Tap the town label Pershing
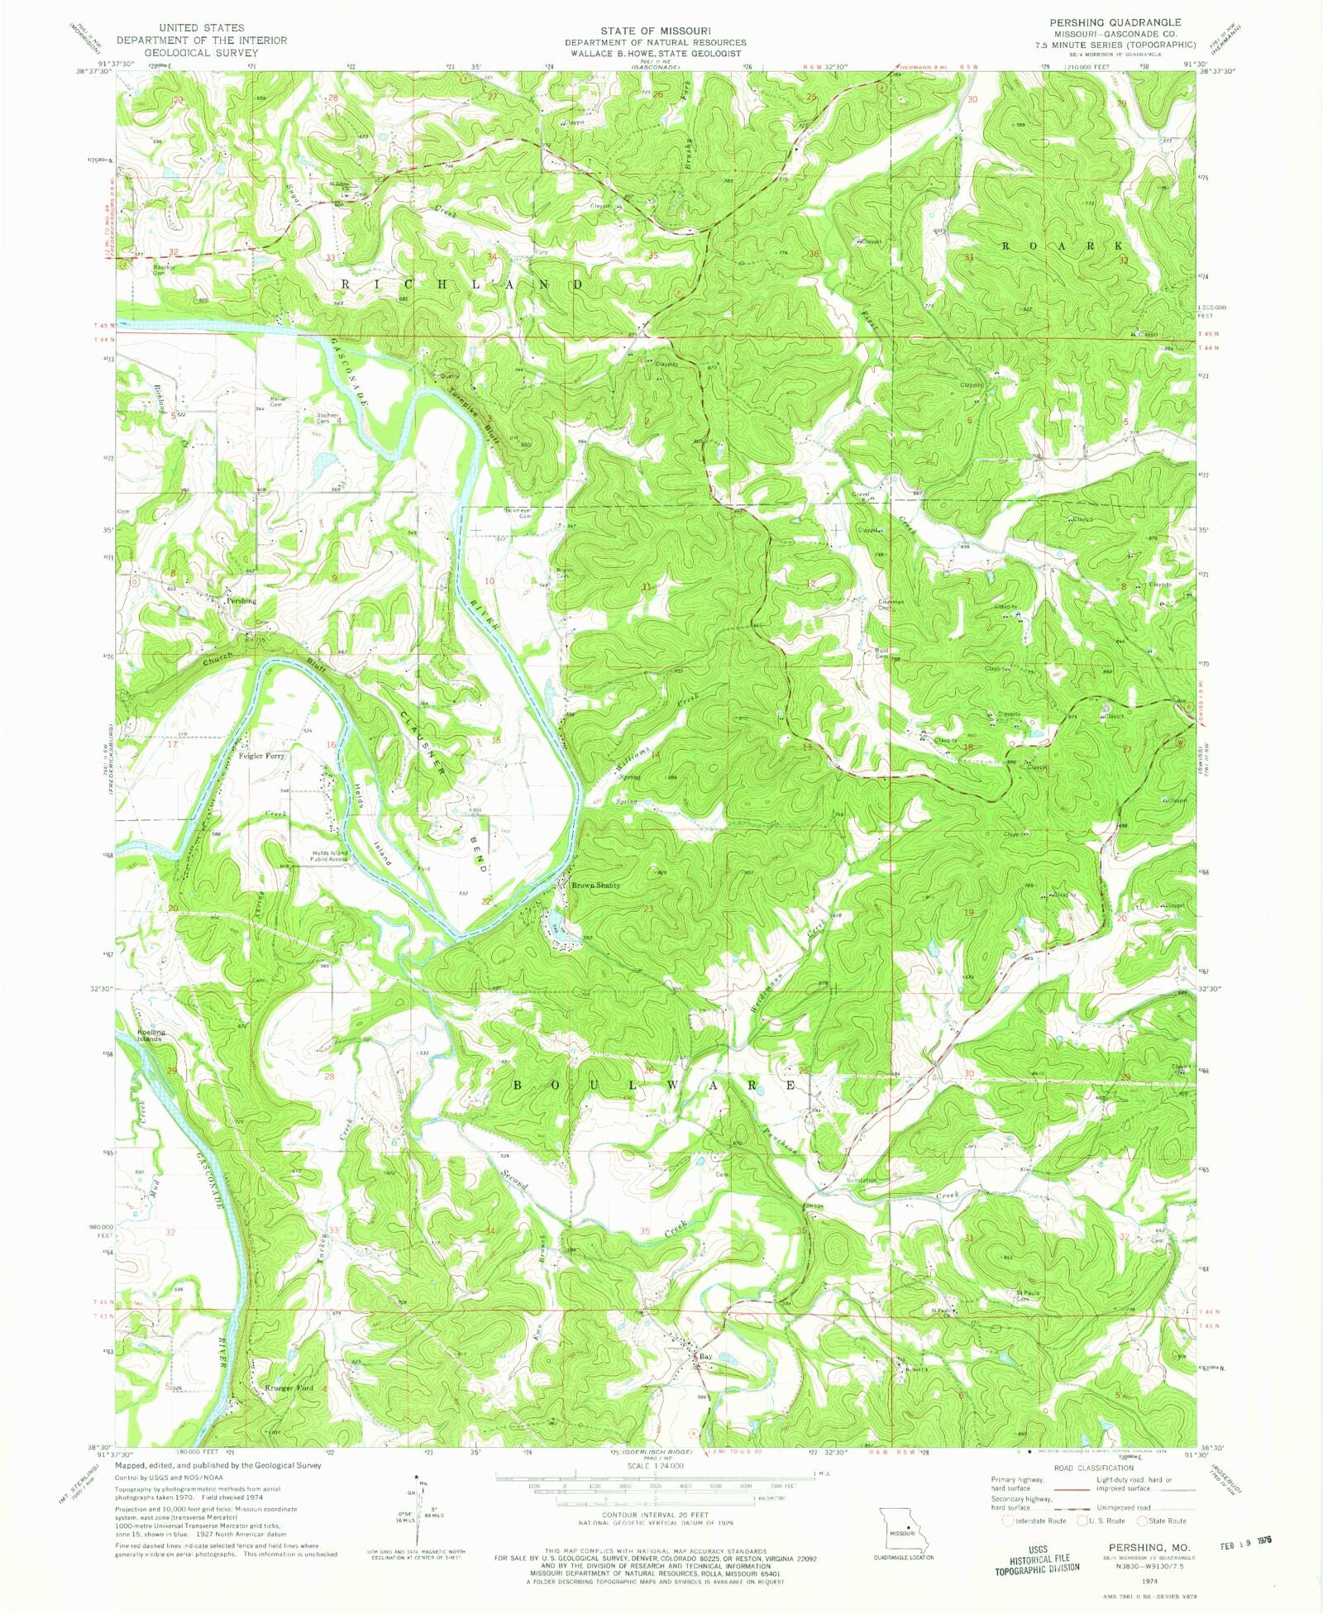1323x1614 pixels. click(241, 601)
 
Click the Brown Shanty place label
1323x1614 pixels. click(595, 886)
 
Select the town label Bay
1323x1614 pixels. click(705, 1357)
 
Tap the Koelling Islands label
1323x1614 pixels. click(152, 1035)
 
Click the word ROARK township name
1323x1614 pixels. click(1063, 246)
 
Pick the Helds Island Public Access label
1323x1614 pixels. click(328, 856)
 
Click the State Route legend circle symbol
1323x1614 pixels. click(1142, 1520)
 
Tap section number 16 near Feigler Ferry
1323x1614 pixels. click(331, 745)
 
